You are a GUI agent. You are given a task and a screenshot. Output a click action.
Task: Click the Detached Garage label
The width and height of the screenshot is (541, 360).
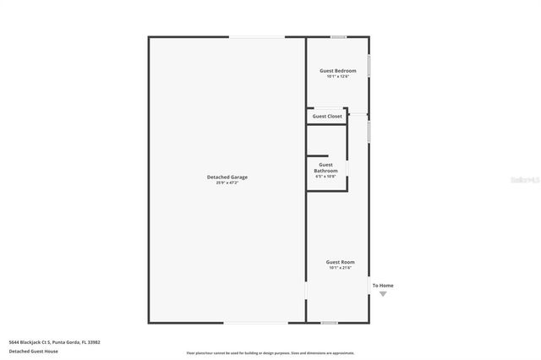click(227, 177)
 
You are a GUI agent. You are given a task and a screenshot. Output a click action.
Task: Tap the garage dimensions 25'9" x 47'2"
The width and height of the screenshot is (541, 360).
click(227, 183)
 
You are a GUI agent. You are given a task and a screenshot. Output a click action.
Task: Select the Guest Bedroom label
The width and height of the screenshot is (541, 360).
click(337, 70)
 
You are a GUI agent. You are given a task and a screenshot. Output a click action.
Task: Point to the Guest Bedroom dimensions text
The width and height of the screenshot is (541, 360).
click(337, 76)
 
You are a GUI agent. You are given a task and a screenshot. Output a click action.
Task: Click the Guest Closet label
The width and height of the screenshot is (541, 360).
click(327, 116)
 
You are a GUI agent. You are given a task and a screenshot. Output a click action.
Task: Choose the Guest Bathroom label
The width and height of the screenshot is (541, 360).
click(325, 167)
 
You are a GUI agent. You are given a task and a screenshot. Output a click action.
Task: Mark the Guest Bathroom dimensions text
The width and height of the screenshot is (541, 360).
click(325, 177)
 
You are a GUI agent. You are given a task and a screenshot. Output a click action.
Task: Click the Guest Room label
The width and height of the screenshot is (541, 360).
click(341, 262)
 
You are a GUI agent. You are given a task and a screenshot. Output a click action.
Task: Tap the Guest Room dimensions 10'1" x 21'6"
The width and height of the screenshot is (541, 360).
click(341, 268)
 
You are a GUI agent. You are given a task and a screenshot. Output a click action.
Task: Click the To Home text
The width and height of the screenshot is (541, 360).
click(383, 285)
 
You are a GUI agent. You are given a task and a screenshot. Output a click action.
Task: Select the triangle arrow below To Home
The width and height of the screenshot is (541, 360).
click(383, 293)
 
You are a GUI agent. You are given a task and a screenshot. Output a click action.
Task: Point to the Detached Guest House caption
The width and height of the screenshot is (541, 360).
click(34, 351)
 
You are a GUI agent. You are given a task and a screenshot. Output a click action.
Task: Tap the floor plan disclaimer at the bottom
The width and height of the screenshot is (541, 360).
click(270, 353)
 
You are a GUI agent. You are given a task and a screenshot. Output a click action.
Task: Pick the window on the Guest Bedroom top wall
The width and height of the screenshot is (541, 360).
click(338, 36)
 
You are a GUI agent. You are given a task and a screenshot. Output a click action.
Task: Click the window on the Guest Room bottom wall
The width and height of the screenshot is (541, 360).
click(330, 322)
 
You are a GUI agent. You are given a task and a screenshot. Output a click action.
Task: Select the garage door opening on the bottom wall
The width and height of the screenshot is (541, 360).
click(255, 322)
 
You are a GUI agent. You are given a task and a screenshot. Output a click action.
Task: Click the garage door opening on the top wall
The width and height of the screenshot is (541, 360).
click(257, 36)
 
